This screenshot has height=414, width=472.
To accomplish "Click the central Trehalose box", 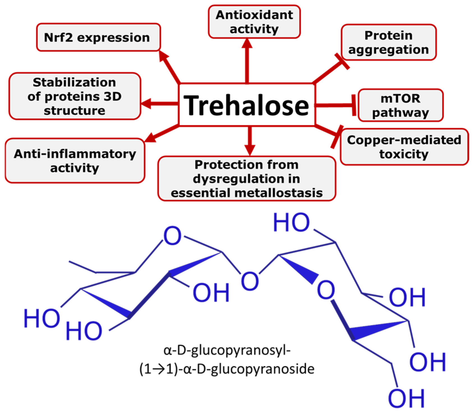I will click(x=247, y=105).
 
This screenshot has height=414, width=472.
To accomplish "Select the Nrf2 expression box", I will click(x=98, y=37).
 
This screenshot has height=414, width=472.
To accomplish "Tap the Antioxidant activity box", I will click(x=254, y=22).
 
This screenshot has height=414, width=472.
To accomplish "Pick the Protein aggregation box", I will click(x=388, y=42).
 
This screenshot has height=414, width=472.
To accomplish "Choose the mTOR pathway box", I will click(x=400, y=105).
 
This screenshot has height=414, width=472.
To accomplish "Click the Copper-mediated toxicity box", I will click(x=404, y=147).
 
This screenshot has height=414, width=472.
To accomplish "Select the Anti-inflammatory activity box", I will click(x=75, y=161).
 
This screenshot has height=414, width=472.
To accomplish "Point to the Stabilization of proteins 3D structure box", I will click(x=75, y=96).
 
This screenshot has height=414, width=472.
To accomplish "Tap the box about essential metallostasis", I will click(x=247, y=179).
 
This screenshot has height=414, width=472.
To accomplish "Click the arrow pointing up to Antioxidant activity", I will click(x=247, y=60).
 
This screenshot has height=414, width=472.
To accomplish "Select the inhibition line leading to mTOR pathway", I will click(x=335, y=105).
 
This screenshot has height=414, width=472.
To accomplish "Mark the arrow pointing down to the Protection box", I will click(x=250, y=140).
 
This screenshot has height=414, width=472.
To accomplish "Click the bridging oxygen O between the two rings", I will click(x=250, y=281).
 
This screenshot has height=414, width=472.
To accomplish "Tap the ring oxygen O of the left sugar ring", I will click(x=172, y=236).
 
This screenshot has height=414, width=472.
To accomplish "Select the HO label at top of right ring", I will click(x=291, y=222).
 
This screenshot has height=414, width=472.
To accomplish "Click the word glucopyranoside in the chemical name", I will click(x=263, y=369).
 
